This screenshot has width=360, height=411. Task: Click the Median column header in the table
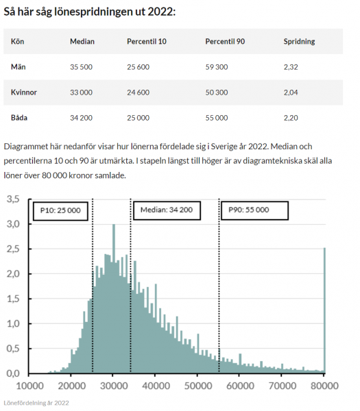pyautogui.click(x=82, y=41)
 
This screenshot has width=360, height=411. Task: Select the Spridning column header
pyautogui.click(x=299, y=41)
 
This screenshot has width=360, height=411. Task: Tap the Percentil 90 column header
pyautogui.click(x=225, y=41)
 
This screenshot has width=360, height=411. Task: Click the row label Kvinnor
pyautogui.click(x=24, y=92)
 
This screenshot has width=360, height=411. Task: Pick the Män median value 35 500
pyautogui.click(x=81, y=67)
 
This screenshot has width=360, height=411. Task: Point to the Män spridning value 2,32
pyautogui.click(x=291, y=67)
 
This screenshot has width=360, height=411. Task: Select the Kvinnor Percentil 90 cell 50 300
pyautogui.click(x=217, y=92)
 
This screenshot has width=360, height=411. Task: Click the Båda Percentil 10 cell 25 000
pyautogui.click(x=138, y=118)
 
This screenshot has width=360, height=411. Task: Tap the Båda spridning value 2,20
pyautogui.click(x=291, y=118)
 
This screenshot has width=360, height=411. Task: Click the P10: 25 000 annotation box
pyautogui.click(x=60, y=211)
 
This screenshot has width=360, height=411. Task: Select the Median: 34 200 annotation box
pyautogui.click(x=167, y=210)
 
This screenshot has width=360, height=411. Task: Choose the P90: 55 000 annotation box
pyautogui.click(x=254, y=210)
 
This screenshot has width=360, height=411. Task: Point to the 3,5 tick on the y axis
pyautogui.click(x=13, y=199)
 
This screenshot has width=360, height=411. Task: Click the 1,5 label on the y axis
pyautogui.click(x=13, y=299)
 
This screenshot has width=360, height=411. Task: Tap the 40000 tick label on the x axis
pyautogui.click(x=156, y=386)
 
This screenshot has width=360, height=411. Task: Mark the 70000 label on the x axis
pyautogui.click(x=283, y=386)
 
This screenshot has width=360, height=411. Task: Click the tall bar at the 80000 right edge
pyautogui.click(x=324, y=310)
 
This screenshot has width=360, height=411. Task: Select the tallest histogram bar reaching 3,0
pyautogui.click(x=114, y=299)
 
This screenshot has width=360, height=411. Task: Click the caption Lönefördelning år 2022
pyautogui.click(x=36, y=403)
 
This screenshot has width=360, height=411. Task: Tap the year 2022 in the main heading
pyautogui.click(x=161, y=12)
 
